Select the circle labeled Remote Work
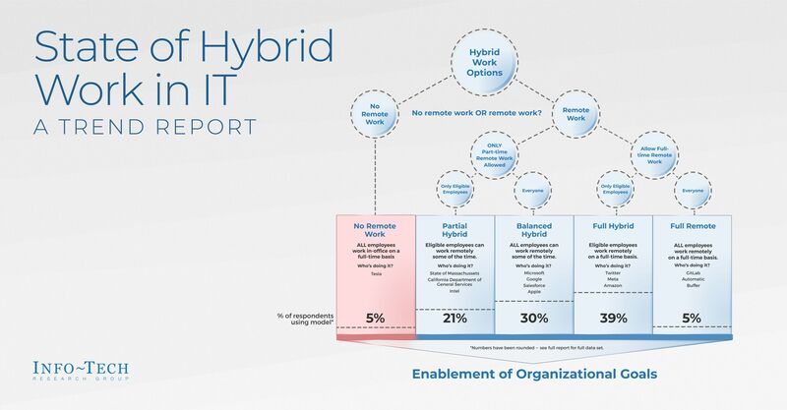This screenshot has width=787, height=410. click(x=575, y=113)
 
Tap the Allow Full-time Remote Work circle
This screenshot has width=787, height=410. click(x=655, y=154)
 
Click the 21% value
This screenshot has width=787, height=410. click(x=454, y=318)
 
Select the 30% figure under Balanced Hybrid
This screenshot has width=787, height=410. click(x=534, y=318)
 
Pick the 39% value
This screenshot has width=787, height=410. click(x=613, y=318)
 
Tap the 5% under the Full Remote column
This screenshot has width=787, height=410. click(x=693, y=318)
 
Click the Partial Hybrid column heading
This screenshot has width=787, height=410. click(x=454, y=231)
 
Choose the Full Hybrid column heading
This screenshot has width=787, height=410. click(x=613, y=227)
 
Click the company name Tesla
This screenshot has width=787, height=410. click(x=376, y=273)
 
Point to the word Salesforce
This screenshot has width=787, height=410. click(x=534, y=283)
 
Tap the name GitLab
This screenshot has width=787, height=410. click(x=693, y=272)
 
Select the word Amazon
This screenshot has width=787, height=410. click(x=613, y=285)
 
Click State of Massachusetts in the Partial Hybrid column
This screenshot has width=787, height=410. click(x=454, y=273)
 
